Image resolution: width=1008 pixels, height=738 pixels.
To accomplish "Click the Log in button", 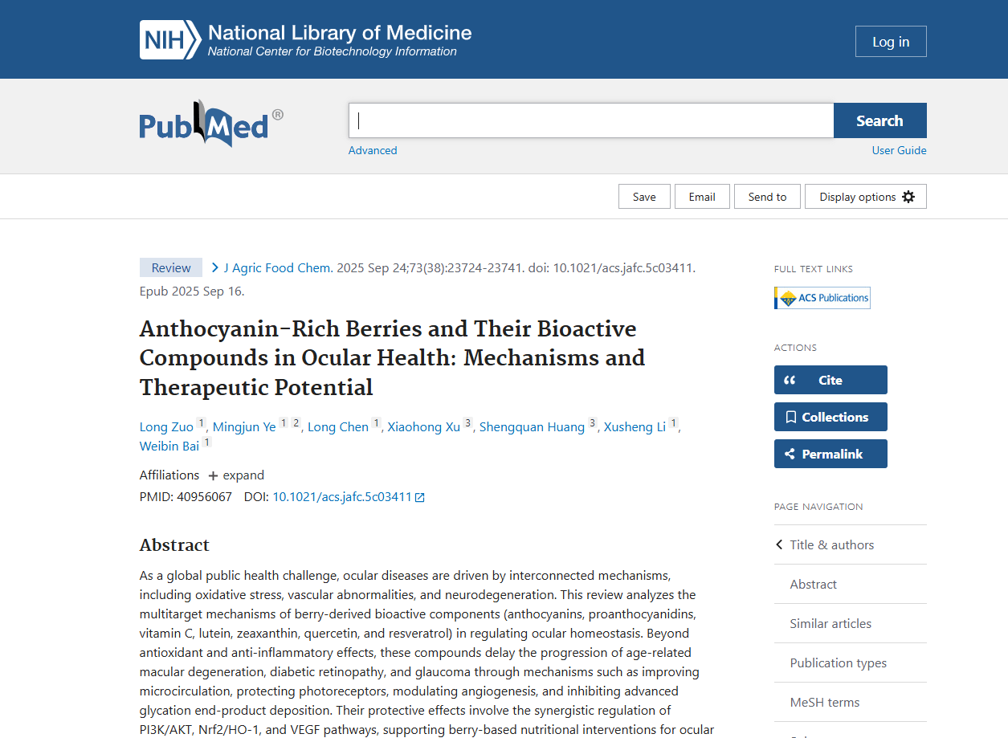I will (890, 42).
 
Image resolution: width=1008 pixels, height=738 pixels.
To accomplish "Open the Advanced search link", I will (373, 150).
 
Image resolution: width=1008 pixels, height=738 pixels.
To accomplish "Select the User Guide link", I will (899, 150).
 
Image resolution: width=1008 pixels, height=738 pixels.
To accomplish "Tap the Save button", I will (644, 197).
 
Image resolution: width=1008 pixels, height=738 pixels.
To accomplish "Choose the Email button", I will (701, 197).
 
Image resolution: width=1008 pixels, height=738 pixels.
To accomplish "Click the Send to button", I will (767, 197).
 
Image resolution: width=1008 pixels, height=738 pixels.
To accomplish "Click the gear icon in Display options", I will (908, 197).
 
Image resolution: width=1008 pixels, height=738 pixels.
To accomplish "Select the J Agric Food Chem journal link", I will (275, 267).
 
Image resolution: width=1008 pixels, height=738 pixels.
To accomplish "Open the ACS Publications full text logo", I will (822, 298).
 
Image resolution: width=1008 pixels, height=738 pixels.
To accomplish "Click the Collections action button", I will (830, 417).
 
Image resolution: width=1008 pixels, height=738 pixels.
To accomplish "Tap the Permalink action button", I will (830, 454).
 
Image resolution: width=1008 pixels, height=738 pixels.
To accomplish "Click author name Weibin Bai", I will (169, 446).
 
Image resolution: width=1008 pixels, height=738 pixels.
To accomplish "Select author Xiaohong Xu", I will (424, 427).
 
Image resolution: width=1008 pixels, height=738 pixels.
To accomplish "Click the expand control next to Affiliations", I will (236, 475).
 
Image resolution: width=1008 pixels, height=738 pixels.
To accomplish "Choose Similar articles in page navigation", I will (830, 623).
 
